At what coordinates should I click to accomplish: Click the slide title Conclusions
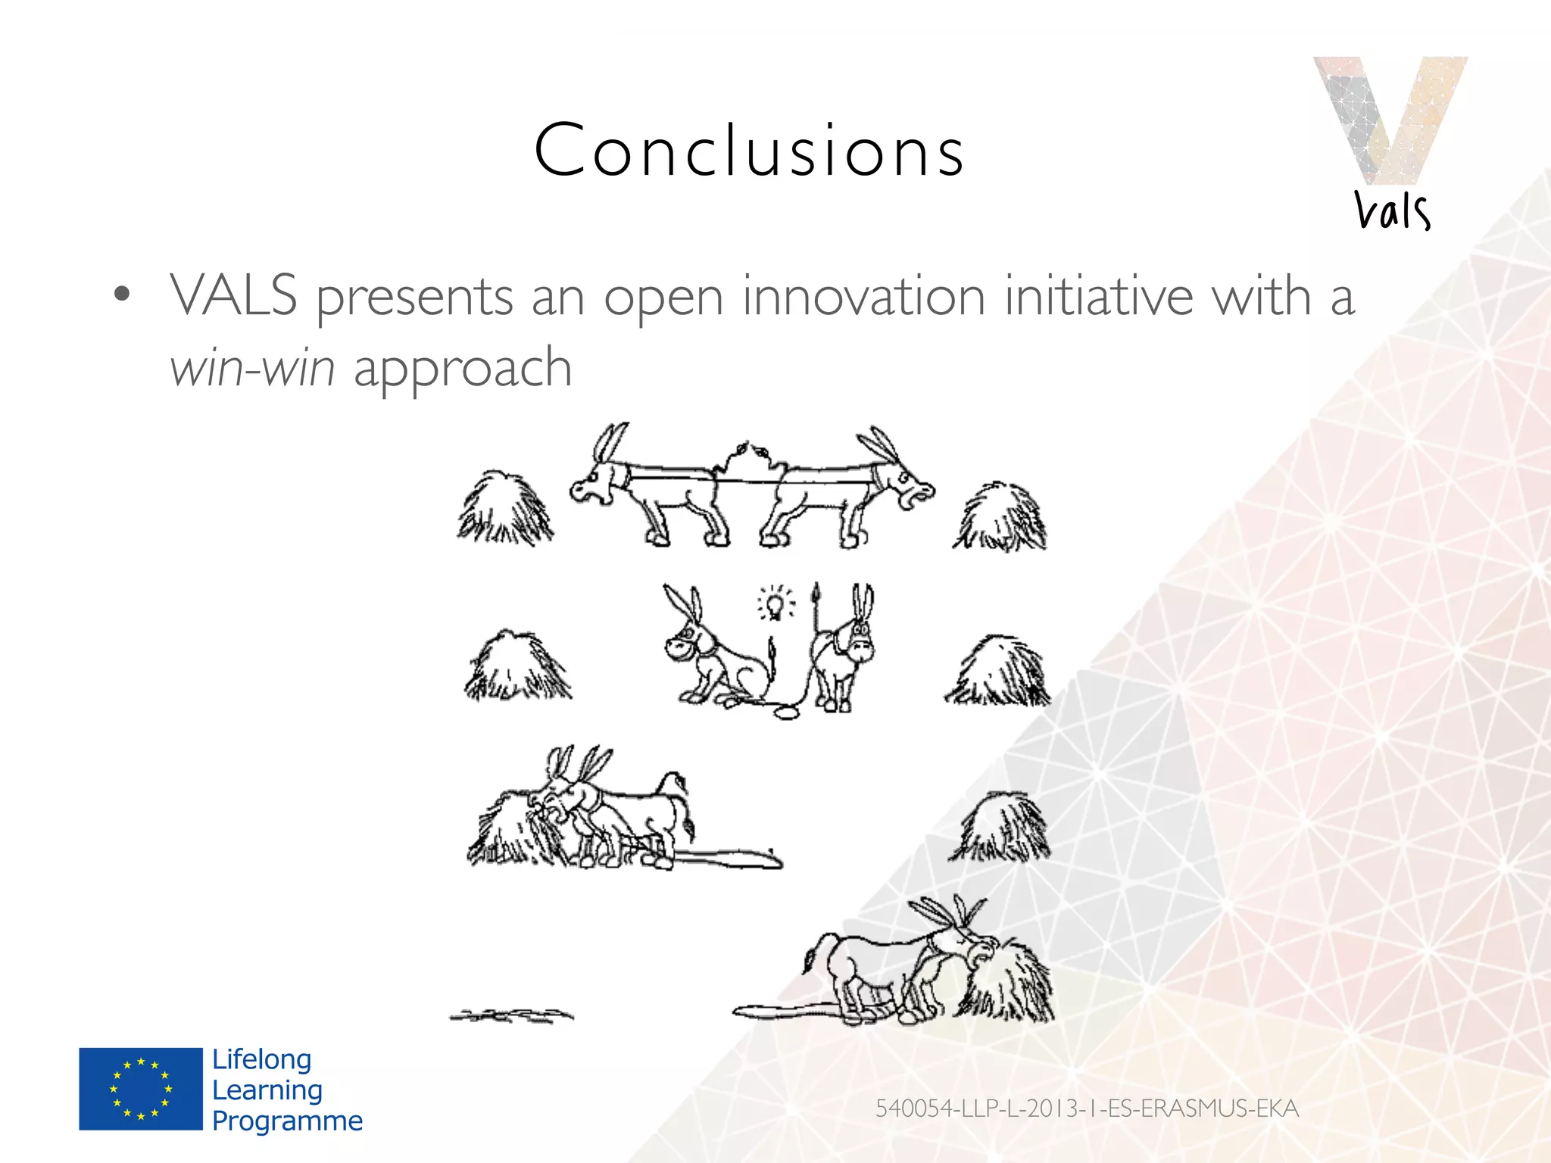click(x=749, y=151)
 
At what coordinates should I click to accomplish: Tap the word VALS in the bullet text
click(x=233, y=296)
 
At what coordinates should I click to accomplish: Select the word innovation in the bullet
click(x=863, y=296)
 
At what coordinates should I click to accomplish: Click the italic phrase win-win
click(x=252, y=368)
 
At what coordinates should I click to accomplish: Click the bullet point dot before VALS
click(x=122, y=295)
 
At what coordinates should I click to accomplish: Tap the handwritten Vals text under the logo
click(x=1392, y=210)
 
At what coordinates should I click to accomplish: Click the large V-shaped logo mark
click(x=1389, y=117)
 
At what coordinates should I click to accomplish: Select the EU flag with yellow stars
click(x=141, y=1089)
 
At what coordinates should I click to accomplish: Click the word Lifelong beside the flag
click(x=261, y=1059)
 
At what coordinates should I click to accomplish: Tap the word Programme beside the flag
click(x=287, y=1121)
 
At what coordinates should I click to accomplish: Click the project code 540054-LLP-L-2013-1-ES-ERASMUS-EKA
click(x=1087, y=1108)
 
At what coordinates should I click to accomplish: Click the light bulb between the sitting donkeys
click(x=774, y=604)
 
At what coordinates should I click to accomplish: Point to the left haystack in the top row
click(x=505, y=509)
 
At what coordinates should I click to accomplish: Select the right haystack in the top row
click(x=1000, y=516)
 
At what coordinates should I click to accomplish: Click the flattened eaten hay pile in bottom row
click(x=512, y=1015)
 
